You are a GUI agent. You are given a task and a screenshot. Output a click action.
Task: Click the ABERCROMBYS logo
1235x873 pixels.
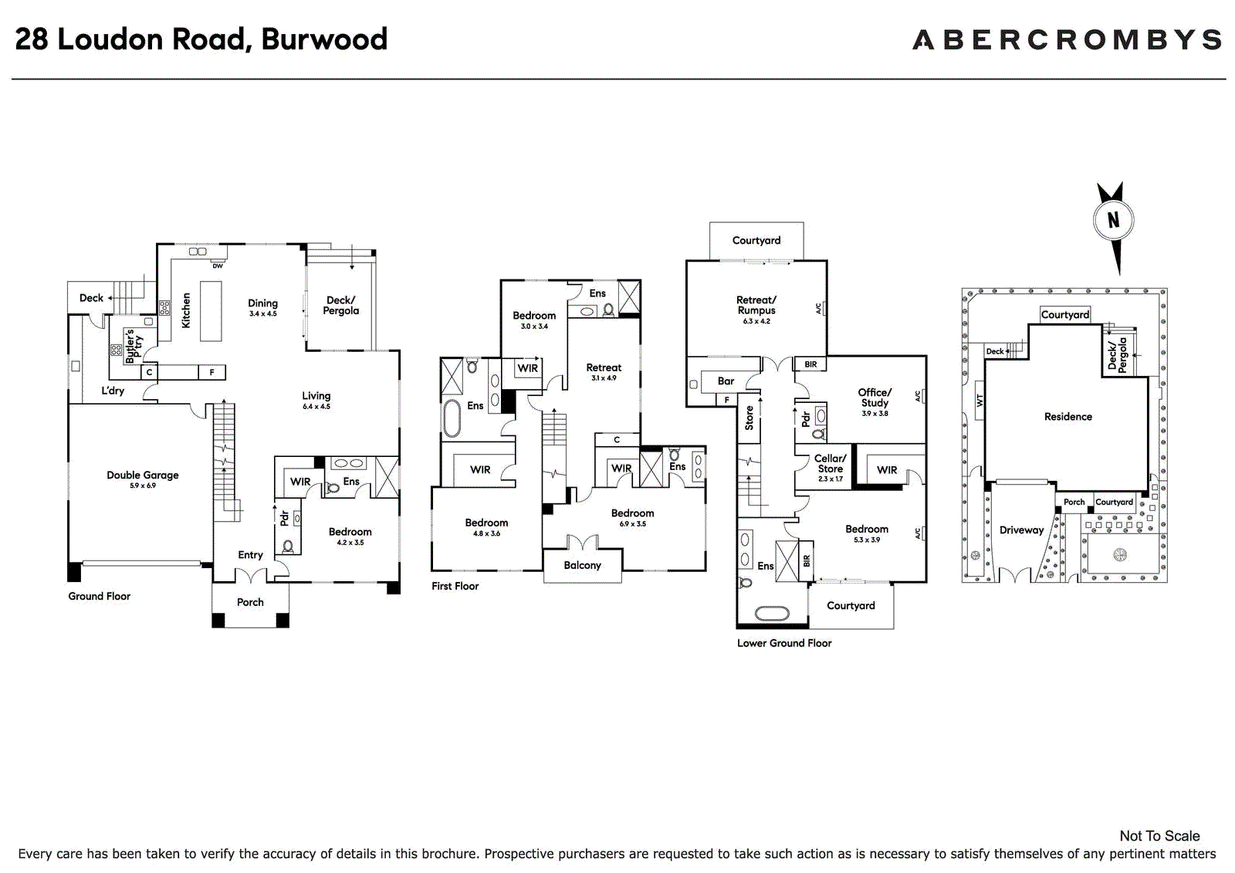pyautogui.click(x=1066, y=39)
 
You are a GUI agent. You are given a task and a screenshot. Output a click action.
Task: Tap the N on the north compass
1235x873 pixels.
pyautogui.click(x=1113, y=220)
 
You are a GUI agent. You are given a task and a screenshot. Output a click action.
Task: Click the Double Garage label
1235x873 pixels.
pyautogui.click(x=142, y=475)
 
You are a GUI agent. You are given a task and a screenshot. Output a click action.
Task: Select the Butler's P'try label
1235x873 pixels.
pyautogui.click(x=134, y=346)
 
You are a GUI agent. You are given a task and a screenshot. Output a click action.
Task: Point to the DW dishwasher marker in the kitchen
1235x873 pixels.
pyautogui.click(x=218, y=266)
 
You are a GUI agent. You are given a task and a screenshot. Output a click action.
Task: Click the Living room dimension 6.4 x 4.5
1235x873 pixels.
pyautogui.click(x=316, y=407)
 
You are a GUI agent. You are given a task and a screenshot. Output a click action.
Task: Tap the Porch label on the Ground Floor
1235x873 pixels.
pyautogui.click(x=250, y=602)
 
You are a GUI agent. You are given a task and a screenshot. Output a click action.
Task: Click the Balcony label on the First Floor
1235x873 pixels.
pyautogui.click(x=582, y=565)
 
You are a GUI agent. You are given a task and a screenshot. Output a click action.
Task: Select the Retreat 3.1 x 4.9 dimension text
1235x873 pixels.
pyautogui.click(x=604, y=378)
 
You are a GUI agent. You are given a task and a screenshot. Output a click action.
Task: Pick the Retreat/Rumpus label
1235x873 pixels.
pyautogui.click(x=756, y=305)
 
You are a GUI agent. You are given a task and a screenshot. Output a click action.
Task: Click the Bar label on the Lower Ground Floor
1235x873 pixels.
pyautogui.click(x=726, y=381)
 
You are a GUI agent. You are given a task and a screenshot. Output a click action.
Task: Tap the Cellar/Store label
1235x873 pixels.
pyautogui.click(x=830, y=463)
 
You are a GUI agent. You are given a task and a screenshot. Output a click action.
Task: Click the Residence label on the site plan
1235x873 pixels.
pyautogui.click(x=1068, y=417)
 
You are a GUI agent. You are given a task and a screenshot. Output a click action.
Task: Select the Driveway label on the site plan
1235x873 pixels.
pyautogui.click(x=1022, y=530)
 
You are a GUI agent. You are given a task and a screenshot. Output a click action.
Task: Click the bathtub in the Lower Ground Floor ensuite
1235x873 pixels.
pyautogui.click(x=772, y=613)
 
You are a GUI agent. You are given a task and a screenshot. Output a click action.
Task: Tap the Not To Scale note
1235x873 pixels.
pyautogui.click(x=1159, y=836)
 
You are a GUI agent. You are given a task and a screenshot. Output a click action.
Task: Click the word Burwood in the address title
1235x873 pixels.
pyautogui.click(x=324, y=39)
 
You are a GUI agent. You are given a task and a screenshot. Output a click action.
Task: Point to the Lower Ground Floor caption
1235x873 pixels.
pyautogui.click(x=784, y=643)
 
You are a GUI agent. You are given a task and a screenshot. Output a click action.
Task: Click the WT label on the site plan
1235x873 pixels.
pyautogui.click(x=980, y=401)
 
